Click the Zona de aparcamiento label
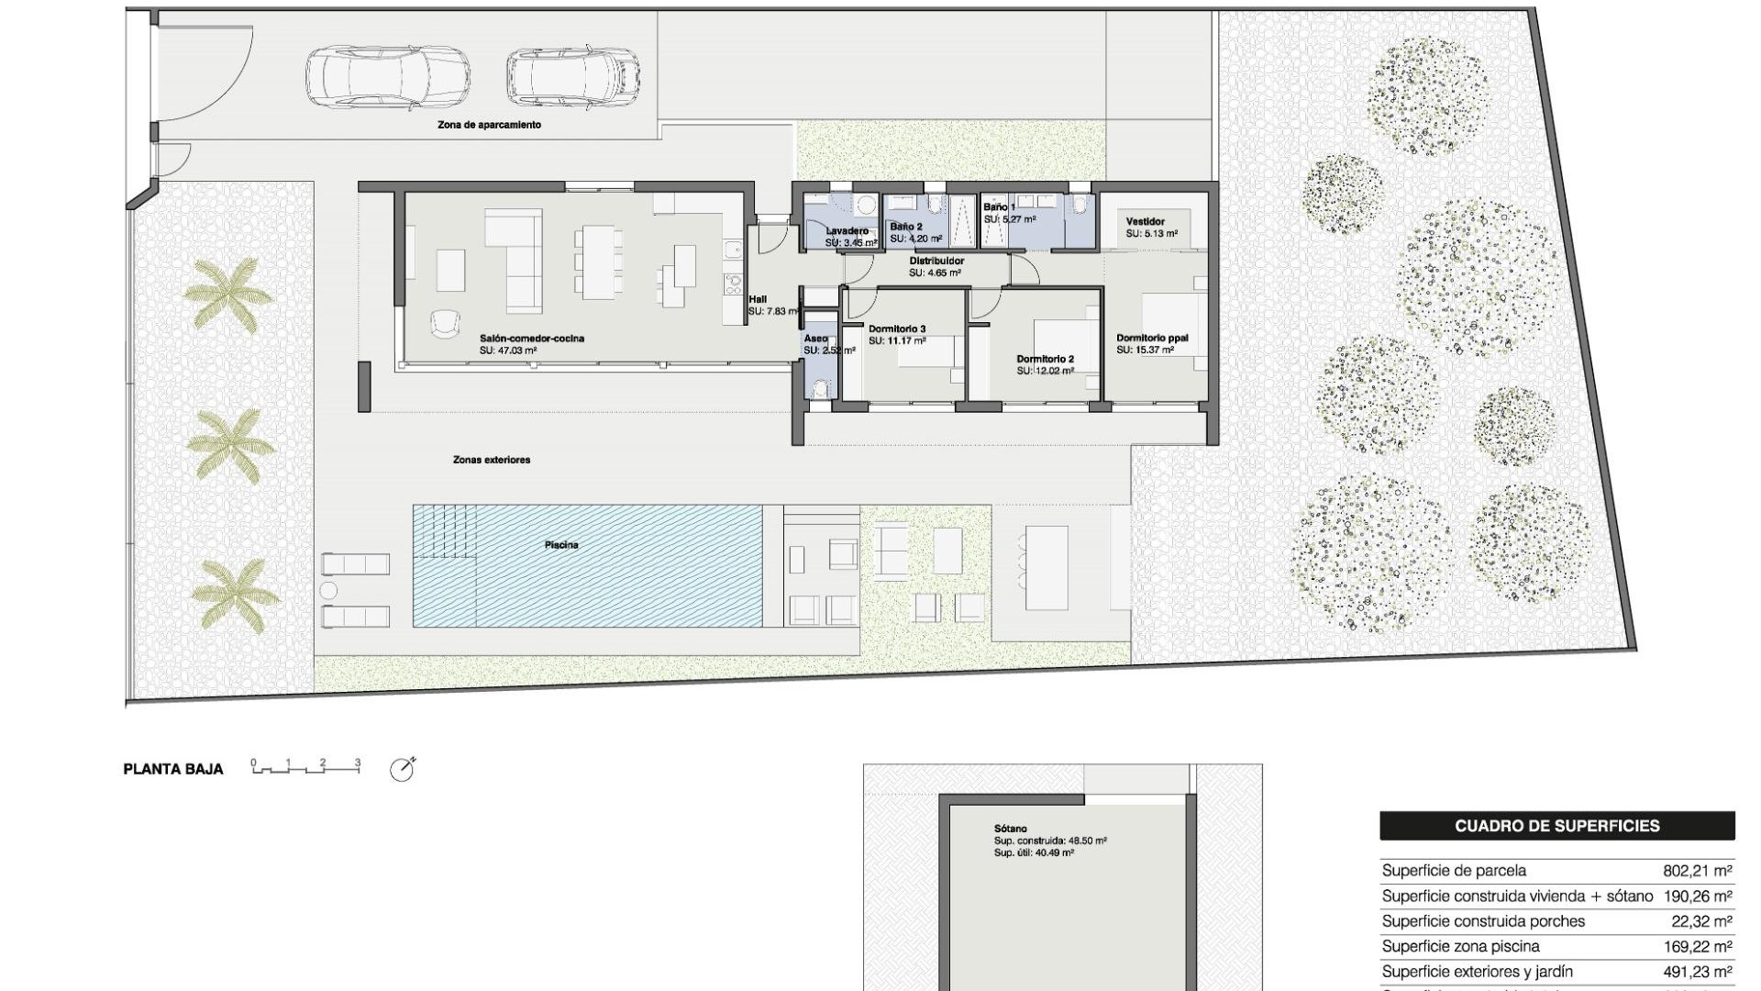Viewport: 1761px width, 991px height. click(x=489, y=125)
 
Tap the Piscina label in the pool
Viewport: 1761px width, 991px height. click(x=561, y=545)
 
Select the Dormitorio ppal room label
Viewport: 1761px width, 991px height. click(x=1152, y=339)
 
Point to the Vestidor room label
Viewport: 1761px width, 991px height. click(x=1146, y=222)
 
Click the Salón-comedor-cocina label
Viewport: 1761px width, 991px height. click(x=532, y=339)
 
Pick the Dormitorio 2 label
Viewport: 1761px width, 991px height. click(x=1045, y=360)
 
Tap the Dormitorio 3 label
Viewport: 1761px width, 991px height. click(x=897, y=328)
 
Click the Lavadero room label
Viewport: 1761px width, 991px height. click(x=847, y=231)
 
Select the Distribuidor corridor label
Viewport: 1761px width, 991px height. click(x=936, y=262)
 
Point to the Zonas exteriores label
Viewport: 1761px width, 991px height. click(x=492, y=460)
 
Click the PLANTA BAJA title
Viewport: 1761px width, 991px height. click(x=173, y=770)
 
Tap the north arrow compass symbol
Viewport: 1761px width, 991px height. click(x=402, y=770)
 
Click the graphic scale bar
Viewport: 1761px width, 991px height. click(x=305, y=767)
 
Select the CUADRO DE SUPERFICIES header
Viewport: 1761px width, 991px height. click(x=1556, y=826)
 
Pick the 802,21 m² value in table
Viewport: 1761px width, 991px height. click(x=1697, y=871)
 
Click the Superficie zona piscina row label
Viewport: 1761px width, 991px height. click(x=1460, y=946)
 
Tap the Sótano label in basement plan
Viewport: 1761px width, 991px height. click(x=1010, y=829)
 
